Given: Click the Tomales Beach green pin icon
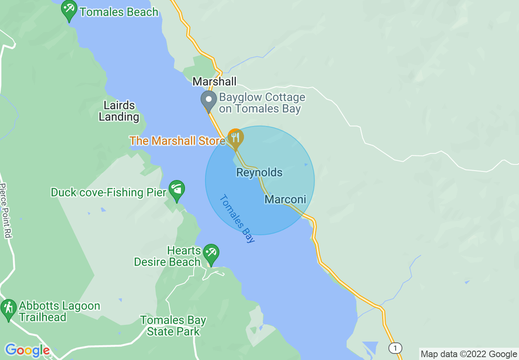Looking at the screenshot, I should pos(69,10).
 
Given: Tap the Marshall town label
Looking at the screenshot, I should pos(214,82).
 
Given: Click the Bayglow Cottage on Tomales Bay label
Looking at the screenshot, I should pos(262,103).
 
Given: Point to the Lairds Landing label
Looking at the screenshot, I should pos(119,111).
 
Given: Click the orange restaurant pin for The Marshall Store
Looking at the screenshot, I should pos(235,138).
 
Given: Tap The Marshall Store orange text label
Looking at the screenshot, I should pos(177,141).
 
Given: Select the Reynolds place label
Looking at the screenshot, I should pos(259,173).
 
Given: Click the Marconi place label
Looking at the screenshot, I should pos(285,200).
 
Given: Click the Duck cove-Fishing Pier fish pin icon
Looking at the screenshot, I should pos(177,190).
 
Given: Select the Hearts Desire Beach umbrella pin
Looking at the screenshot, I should pos(211,253).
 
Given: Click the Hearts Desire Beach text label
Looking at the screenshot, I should pos(167,256).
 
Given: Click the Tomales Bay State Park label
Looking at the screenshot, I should pos(173,326).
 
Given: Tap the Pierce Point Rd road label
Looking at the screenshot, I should pos(5,211).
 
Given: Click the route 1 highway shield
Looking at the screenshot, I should pos(395,348).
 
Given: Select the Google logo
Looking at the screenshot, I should pos(27,350).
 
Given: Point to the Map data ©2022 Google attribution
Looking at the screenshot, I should pos(469,354).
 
